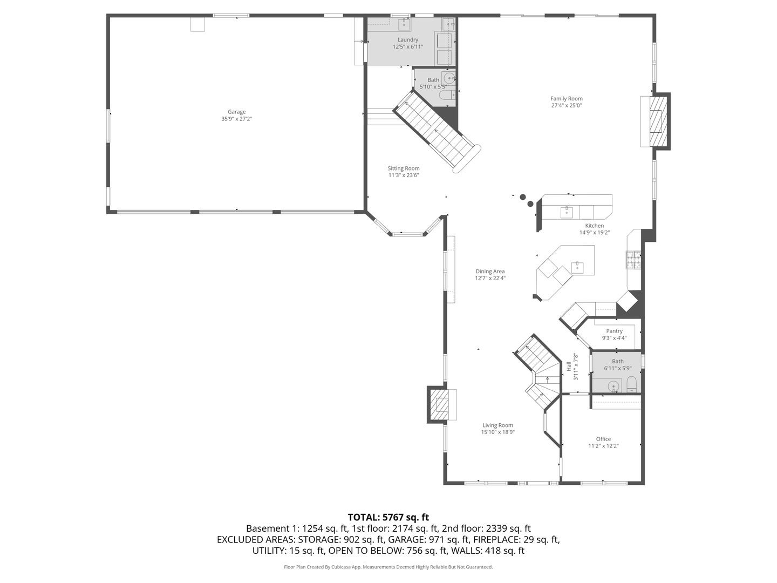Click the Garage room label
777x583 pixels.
(236, 112)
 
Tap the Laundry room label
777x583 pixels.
(408, 40)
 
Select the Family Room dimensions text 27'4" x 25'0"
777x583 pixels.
(566, 106)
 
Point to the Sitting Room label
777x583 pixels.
(404, 168)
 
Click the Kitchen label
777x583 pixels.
(595, 226)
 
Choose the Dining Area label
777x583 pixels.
(490, 272)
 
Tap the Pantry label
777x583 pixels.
(614, 331)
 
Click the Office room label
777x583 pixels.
(603, 439)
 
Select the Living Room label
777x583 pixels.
(497, 425)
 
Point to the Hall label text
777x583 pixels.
(569, 366)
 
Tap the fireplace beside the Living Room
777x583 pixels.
(439, 404)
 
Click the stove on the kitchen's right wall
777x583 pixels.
(633, 260)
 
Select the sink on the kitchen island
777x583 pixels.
(577, 266)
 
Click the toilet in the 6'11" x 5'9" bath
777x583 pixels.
(632, 385)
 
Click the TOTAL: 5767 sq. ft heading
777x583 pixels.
(388, 517)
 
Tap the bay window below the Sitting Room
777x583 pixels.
(407, 234)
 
